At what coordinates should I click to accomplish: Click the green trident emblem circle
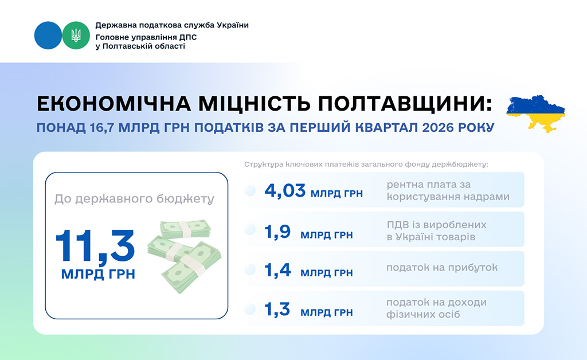[76, 36]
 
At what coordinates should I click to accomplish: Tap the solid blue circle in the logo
[48, 36]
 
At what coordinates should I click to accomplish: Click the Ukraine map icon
[535, 114]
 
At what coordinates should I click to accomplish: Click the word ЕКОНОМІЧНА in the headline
[114, 104]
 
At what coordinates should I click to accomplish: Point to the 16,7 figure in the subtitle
[102, 128]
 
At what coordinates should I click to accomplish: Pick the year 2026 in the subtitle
[436, 128]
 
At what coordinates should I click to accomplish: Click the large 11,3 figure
[95, 246]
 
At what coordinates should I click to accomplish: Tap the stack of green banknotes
[184, 256]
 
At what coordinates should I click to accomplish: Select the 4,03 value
[285, 191]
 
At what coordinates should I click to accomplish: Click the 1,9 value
[277, 232]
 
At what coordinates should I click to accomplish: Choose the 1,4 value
[277, 270]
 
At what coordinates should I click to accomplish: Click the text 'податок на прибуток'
[442, 268]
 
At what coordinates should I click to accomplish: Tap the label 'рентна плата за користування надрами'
[448, 190]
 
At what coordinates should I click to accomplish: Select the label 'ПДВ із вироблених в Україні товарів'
[436, 230]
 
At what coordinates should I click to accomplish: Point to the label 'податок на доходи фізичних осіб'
[436, 308]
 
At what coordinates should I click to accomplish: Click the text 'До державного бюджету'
[134, 199]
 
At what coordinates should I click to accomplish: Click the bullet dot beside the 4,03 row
[250, 190]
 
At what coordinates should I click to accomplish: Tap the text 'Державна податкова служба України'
[172, 25]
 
